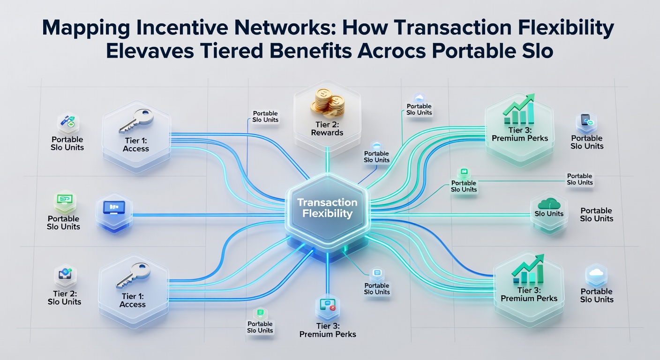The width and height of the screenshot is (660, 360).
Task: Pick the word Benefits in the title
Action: [x=310, y=51]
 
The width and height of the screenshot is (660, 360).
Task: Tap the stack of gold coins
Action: [x=327, y=104]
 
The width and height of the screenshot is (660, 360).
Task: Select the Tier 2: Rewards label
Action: [x=327, y=129]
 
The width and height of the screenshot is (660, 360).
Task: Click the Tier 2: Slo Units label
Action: [x=65, y=298]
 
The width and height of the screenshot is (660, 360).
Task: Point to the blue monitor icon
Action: [x=114, y=208]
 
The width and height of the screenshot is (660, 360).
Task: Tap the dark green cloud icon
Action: [x=548, y=203]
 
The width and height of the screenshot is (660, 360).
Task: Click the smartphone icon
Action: [x=586, y=120]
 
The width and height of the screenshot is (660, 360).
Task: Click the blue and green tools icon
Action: [x=68, y=122]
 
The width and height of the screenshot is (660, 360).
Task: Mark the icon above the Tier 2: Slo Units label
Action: [x=65, y=274]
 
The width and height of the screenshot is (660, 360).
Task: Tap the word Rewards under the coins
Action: [x=327, y=133]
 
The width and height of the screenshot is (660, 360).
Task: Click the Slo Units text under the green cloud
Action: [x=549, y=214]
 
